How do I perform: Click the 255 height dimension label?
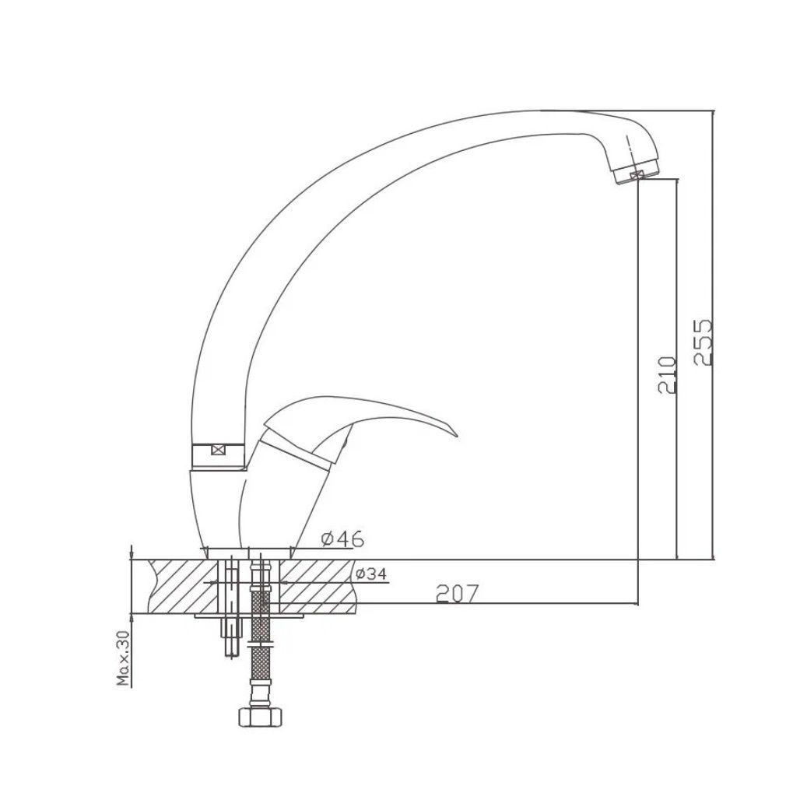coord(703,342)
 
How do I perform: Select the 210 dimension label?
coord(668,375)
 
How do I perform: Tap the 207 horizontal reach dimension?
coord(458,593)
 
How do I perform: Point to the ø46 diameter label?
coord(342,539)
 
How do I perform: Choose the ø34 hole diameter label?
coord(371,574)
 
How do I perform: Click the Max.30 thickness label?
coord(123,658)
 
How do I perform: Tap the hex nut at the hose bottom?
coord(260,716)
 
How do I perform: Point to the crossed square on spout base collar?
coord(218,450)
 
